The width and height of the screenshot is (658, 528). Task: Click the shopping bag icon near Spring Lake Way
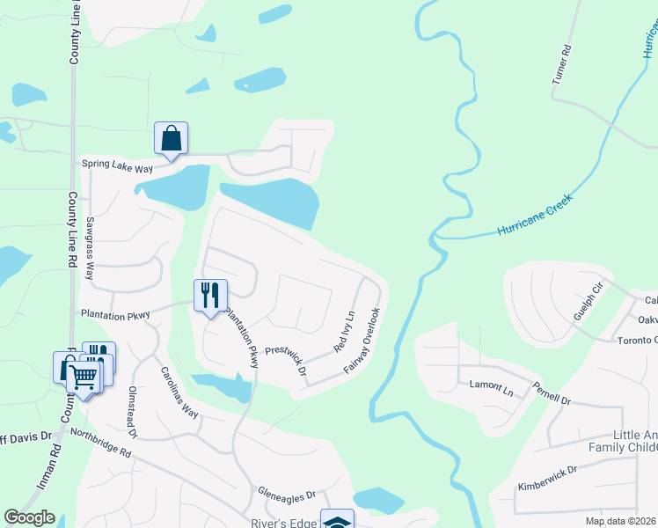pos(172,138)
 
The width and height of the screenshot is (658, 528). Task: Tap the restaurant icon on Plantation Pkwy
pos(210,295)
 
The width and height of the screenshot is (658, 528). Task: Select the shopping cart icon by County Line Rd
pos(84,377)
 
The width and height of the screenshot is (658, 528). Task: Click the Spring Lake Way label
pos(117,165)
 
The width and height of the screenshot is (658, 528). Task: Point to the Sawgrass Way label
pos(90,249)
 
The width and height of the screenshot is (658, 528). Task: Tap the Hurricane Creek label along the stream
pos(535,215)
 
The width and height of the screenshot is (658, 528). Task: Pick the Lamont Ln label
pos(491,386)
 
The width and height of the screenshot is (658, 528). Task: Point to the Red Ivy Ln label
pos(344,333)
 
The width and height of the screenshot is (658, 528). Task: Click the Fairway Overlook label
pos(362,340)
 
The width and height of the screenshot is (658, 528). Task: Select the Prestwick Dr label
pos(286,362)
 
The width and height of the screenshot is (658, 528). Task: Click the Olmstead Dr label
pos(134,411)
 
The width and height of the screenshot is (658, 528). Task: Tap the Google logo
pos(29,517)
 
